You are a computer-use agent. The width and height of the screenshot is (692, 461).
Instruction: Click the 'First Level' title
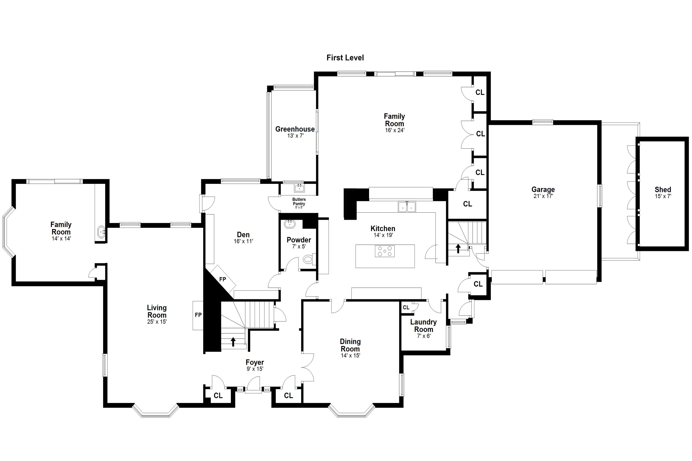coord(345,58)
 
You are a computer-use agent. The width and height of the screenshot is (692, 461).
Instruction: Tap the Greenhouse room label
coord(295,129)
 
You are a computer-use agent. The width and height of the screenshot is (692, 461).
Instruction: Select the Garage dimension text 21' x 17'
coord(543,196)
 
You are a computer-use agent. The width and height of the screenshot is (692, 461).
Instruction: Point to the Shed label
coord(663,190)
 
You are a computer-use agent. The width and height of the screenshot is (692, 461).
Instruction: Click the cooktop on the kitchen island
coord(385,251)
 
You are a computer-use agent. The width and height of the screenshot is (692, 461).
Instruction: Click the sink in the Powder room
coord(290,224)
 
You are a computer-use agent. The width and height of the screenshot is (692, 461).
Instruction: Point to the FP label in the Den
coord(222,279)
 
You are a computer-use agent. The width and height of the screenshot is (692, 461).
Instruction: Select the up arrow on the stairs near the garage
coord(458,248)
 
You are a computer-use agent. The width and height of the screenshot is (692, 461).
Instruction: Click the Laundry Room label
coord(424,326)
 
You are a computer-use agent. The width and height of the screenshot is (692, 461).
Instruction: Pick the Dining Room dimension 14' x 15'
coord(350,356)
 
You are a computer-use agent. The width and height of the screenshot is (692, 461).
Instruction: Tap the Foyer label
coord(255,362)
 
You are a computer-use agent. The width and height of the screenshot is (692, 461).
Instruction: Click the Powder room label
coord(299,240)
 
